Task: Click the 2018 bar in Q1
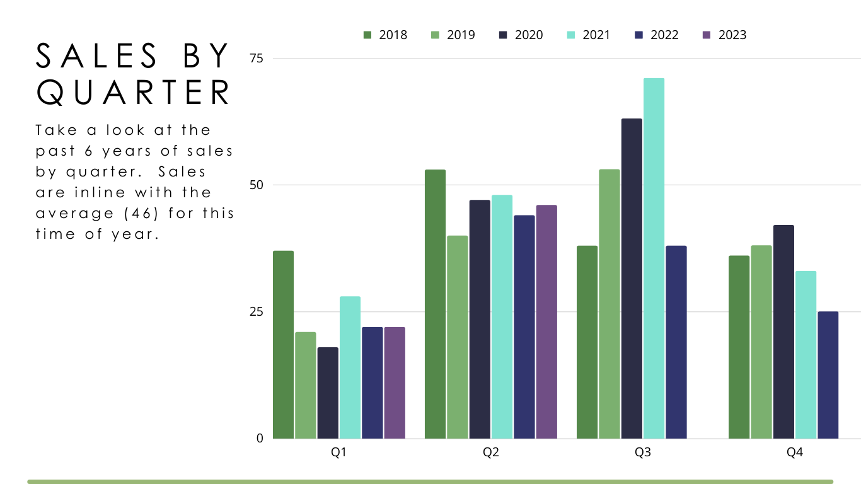point(283,345)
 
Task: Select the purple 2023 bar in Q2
point(546,322)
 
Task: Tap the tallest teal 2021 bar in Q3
point(654,258)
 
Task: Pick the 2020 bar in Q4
point(783,331)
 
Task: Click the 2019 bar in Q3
point(610,304)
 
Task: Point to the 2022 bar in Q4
point(828,375)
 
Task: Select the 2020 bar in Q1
point(328,393)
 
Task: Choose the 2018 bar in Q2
point(435,304)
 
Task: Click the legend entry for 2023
point(724,35)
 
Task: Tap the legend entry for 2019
point(453,35)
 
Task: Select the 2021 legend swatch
point(571,35)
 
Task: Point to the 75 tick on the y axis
point(257,59)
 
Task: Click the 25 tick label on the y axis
point(257,311)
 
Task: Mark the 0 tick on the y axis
point(260,438)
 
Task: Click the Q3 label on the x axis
point(643,452)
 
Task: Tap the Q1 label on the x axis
point(338,452)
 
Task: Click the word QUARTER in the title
point(134,92)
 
